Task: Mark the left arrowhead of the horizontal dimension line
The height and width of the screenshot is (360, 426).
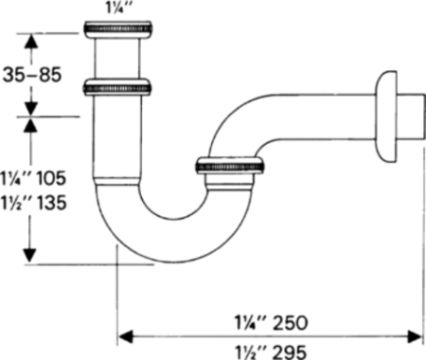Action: (124, 334)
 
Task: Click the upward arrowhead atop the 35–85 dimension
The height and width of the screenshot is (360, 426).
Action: (31, 41)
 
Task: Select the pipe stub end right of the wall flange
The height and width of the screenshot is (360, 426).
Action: (412, 119)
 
